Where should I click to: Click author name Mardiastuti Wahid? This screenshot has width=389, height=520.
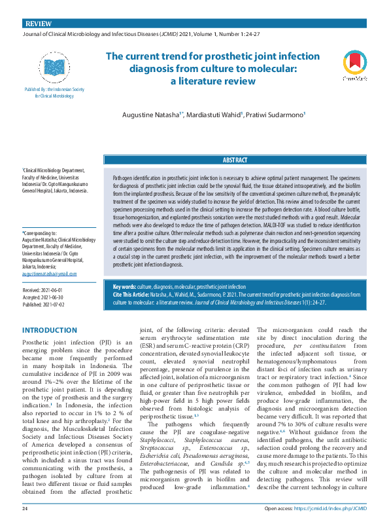[x=213, y=115]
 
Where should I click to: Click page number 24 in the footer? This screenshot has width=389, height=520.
[x=25, y=508]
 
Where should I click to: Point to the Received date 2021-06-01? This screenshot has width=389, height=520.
[x=44, y=289]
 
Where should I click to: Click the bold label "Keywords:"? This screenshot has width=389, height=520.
[x=124, y=287]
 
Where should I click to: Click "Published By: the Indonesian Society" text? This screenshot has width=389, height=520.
[x=58, y=88]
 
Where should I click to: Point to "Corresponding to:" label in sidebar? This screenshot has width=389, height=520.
[x=40, y=232]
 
